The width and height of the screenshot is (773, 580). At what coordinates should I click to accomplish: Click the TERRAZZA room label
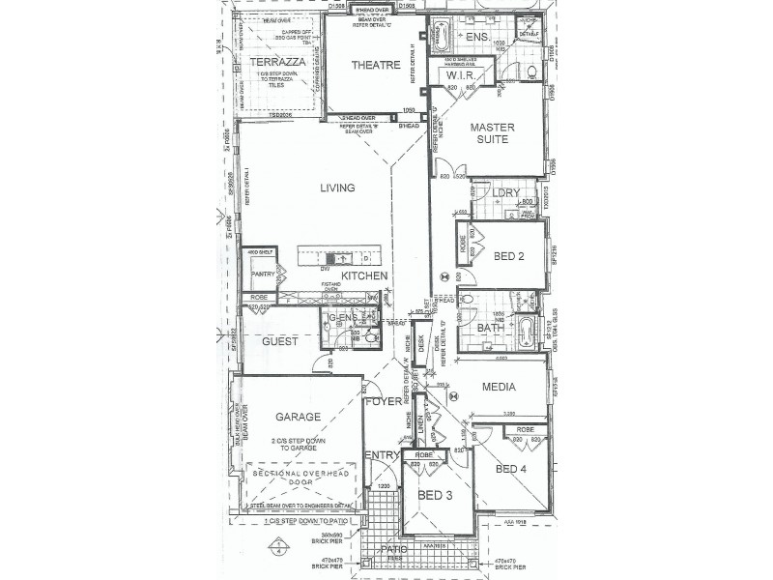point(277,62)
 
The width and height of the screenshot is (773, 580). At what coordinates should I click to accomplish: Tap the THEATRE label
point(375,65)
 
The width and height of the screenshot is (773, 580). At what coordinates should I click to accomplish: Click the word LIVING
point(338,188)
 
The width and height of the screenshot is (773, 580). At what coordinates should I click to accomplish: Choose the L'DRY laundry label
point(506,193)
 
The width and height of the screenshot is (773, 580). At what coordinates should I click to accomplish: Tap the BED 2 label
point(509,256)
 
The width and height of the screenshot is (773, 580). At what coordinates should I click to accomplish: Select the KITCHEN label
point(364,276)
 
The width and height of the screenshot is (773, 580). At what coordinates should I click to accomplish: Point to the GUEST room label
point(279,342)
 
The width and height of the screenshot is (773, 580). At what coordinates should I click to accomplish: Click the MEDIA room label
point(499,388)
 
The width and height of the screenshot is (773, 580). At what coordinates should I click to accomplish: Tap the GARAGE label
point(298,417)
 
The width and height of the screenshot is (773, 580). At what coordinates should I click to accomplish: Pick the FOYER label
point(383,401)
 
